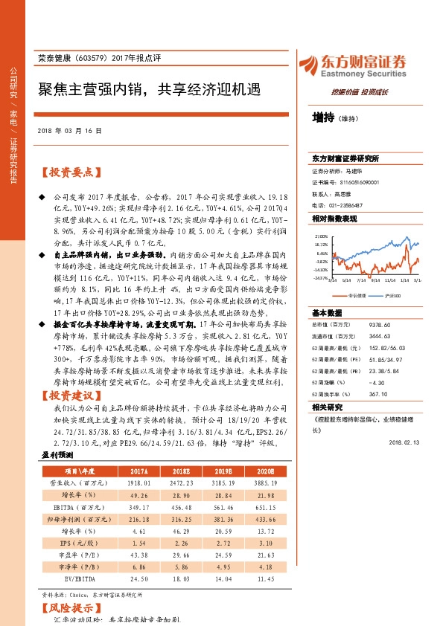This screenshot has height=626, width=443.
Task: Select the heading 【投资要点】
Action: click(68, 172)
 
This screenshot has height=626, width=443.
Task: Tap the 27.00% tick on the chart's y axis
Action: click(320, 236)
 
